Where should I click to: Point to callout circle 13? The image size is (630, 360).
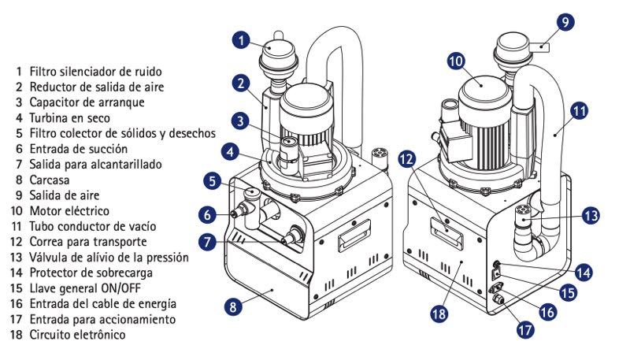tap(591, 213)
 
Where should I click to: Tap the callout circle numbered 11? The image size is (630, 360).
tap(580, 111)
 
